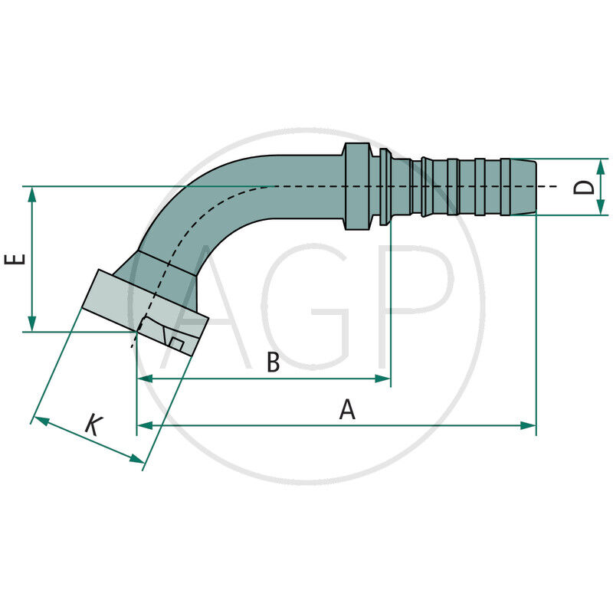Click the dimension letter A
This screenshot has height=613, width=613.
(347, 411)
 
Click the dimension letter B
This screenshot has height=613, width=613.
(273, 363)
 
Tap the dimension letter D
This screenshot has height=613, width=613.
(585, 187)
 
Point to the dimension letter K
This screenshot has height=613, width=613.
(93, 425)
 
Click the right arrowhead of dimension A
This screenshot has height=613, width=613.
(528, 425)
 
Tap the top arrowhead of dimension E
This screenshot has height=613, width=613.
(32, 194)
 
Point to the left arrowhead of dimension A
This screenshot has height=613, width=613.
(144, 425)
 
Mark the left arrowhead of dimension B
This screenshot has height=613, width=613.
(144, 379)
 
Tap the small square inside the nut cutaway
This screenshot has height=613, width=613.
(176, 344)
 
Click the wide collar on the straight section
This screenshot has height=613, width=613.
(356, 186)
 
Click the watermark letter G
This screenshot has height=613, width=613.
(306, 306)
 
